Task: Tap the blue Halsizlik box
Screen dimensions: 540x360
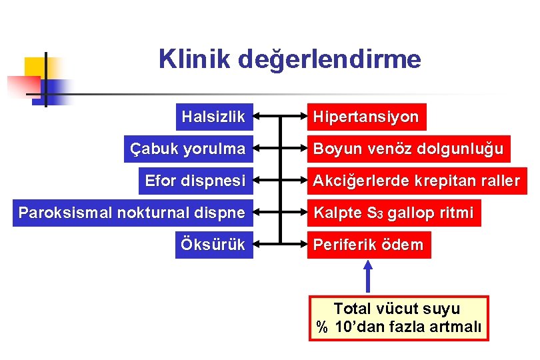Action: [213, 117]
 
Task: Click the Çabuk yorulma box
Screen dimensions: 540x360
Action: [188, 149]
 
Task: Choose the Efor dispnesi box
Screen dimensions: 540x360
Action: [196, 181]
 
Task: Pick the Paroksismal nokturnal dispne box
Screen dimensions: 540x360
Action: [132, 213]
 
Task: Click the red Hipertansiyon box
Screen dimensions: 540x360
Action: [366, 117]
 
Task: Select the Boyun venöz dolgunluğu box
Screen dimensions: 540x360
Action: [408, 149]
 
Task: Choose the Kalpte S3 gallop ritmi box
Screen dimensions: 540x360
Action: [393, 213]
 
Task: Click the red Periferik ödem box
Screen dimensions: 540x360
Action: [369, 245]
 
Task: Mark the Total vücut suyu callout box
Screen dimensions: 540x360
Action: [398, 319]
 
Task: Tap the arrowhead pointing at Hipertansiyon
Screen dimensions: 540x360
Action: [300, 117]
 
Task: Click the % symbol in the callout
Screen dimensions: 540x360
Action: [322, 328]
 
